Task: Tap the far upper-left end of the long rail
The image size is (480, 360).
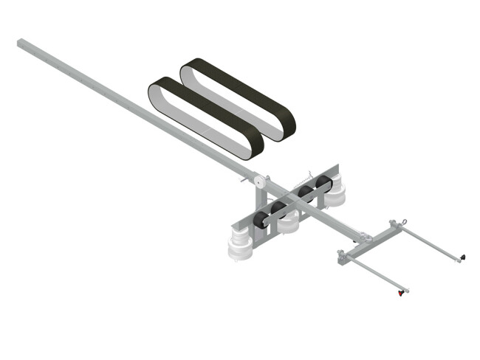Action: click(21, 44)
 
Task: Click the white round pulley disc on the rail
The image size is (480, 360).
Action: click(258, 183)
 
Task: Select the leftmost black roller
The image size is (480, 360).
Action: click(261, 219)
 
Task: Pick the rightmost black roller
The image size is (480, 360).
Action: click(323, 184)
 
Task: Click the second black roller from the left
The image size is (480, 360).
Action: click(280, 208)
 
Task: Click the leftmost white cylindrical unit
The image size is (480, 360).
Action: click(241, 246)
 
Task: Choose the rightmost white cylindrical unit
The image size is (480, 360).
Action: click(337, 195)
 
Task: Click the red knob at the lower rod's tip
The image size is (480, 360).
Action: click(402, 293)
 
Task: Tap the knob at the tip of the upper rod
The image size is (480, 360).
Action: click(462, 257)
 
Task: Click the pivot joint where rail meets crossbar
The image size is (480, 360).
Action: click(363, 238)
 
